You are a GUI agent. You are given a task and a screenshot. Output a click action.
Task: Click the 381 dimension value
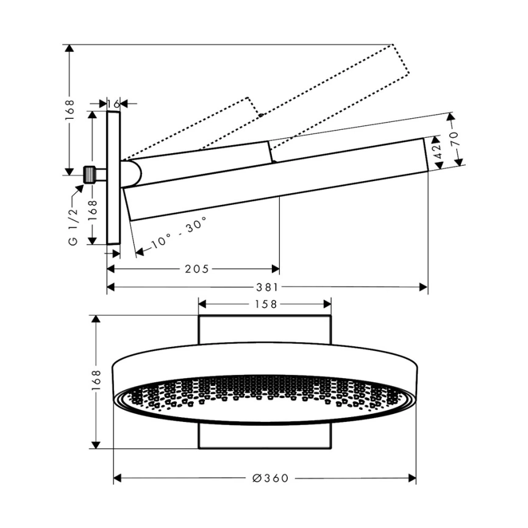point(267,287)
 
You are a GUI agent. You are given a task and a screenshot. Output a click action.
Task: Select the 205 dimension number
point(197,269)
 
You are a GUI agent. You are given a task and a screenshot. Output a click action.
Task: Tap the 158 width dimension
point(266,304)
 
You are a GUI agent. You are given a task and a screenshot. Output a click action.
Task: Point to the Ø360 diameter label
point(270,478)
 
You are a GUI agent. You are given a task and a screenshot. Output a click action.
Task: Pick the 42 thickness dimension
point(437,152)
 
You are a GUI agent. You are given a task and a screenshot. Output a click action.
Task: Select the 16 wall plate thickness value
point(114,104)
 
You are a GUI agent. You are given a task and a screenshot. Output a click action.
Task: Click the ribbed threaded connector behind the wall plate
point(89,175)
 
